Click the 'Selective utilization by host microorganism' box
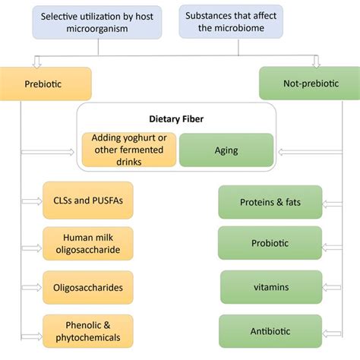98,21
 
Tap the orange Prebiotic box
46,83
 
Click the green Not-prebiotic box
308,83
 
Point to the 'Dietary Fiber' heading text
176,118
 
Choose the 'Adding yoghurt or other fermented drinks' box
129,150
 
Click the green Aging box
226,150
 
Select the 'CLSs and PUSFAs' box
88,201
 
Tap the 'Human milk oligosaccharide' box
88,244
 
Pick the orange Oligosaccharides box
88,287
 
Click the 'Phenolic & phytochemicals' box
88,330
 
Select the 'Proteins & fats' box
270,203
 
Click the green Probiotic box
270,244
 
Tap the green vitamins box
270,287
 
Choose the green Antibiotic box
270,331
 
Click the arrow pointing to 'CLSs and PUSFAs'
32,201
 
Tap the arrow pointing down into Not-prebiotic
317,62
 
